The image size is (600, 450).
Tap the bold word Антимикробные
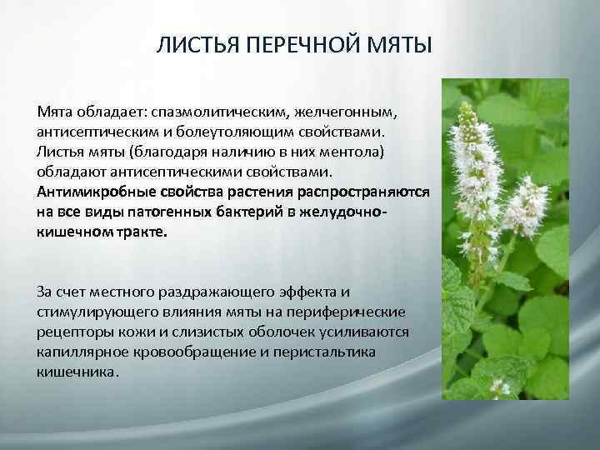point(87,192)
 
